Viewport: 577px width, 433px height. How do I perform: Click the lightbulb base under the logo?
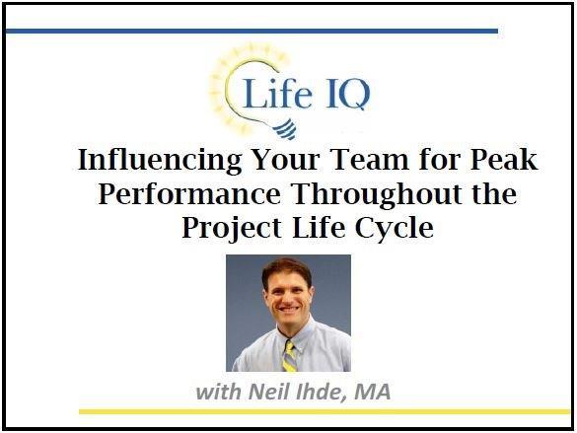click(259, 128)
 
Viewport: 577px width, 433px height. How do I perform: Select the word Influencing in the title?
click(153, 161)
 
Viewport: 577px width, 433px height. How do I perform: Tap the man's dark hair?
click(286, 268)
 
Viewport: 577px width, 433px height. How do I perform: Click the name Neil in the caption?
click(266, 392)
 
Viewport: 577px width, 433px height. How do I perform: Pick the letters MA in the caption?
click(372, 392)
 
